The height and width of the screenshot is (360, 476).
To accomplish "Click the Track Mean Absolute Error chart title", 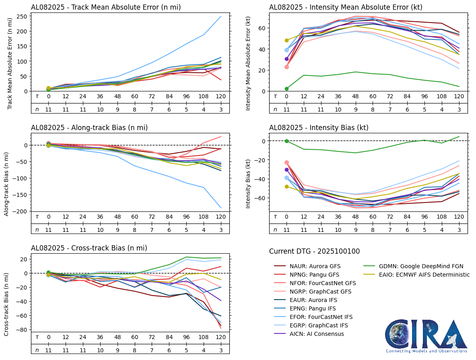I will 106,7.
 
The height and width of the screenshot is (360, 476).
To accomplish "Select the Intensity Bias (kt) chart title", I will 319,128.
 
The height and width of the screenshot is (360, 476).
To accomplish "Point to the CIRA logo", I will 426,336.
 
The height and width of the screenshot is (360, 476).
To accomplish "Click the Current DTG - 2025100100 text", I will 314,251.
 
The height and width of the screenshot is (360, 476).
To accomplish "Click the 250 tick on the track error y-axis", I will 22,16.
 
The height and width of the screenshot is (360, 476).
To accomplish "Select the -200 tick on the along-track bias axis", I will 21,211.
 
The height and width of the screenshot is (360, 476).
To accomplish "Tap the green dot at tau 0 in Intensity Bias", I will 286,141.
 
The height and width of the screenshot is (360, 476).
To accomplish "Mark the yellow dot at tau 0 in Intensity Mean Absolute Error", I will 286,40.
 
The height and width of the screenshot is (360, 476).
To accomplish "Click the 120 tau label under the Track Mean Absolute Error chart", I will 221,96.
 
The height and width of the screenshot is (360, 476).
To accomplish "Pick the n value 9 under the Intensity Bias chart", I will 356,230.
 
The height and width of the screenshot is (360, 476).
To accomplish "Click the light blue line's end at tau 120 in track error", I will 221,16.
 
